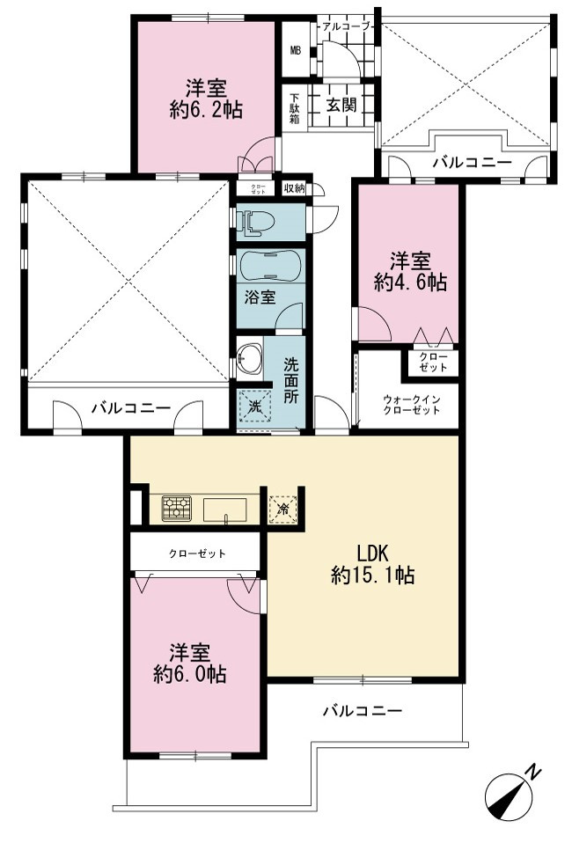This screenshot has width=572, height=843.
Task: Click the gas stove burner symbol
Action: pyautogui.click(x=176, y=508)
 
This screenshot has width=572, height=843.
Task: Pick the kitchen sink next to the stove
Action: pyautogui.click(x=224, y=509)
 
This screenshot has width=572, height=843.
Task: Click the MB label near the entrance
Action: pyautogui.click(x=296, y=50)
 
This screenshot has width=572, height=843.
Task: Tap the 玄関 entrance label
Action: pyautogui.click(x=341, y=105)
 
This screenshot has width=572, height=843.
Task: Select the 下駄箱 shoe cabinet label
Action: pyautogui.click(x=295, y=109)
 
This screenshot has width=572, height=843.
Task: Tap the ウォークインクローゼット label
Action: pyautogui.click(x=411, y=405)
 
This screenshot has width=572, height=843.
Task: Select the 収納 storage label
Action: pyautogui.click(x=294, y=188)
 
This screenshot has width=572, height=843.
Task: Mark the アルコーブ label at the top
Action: pyautogui.click(x=344, y=26)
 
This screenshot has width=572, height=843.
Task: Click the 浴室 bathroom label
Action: pyautogui.click(x=260, y=297)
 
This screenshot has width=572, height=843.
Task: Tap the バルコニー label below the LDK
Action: pyautogui.click(x=363, y=711)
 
